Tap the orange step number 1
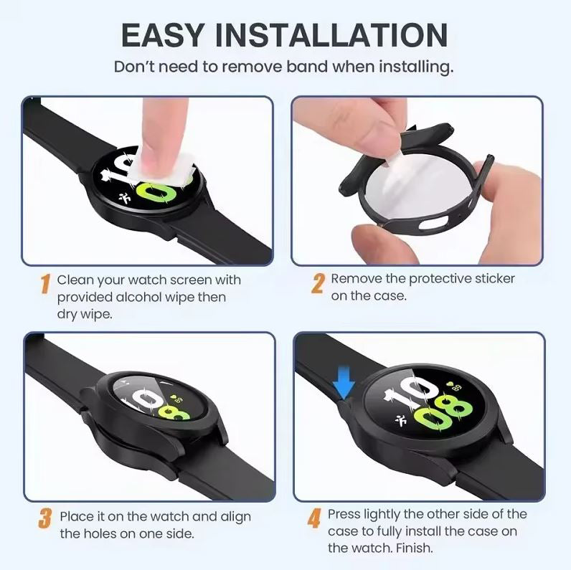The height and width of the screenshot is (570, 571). (x=44, y=284)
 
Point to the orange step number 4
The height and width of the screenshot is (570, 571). (x=314, y=518)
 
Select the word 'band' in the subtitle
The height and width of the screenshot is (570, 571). (x=297, y=67)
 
